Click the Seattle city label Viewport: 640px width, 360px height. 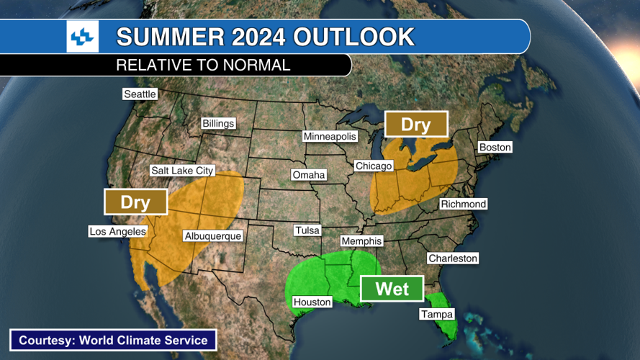[140, 94]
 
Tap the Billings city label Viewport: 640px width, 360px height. [218, 124]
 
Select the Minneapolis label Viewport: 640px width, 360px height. [330, 137]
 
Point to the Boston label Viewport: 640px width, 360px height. [495, 148]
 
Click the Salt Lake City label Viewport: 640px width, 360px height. [182, 171]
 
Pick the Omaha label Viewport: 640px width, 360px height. [309, 175]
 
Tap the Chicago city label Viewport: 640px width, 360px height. [374, 166]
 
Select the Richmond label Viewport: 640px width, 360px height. [464, 204]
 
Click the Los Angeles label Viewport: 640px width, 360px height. [117, 232]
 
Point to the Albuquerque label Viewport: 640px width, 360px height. [212, 236]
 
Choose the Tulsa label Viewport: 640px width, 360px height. [307, 231]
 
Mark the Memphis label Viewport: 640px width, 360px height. [361, 242]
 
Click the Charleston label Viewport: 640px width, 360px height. [453, 258]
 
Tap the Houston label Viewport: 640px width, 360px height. [312, 302]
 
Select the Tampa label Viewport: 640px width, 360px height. [437, 315]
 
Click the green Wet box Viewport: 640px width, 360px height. [392, 289]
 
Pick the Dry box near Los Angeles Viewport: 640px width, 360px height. [135, 202]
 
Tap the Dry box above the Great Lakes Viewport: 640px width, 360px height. [415, 125]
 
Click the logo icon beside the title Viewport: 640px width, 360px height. [82, 37]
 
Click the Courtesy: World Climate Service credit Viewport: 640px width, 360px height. [113, 341]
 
